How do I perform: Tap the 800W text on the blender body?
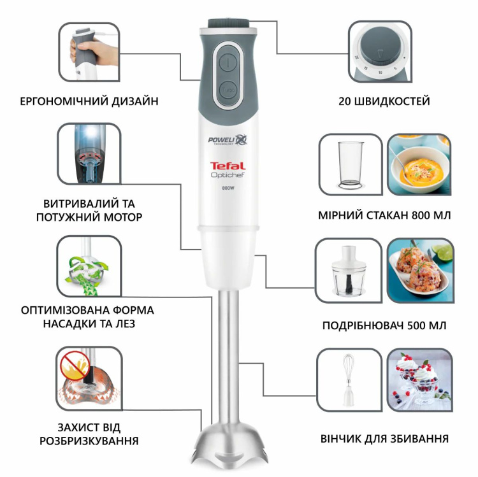tap(228, 188)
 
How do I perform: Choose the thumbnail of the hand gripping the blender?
tap(89, 53)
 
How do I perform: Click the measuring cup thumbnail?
tap(351, 164)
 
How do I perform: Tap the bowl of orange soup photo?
tap(418, 164)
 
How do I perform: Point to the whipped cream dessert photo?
tap(419, 378)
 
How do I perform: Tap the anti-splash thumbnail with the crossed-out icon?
tap(89, 378)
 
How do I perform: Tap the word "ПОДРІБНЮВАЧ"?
tap(365, 326)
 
